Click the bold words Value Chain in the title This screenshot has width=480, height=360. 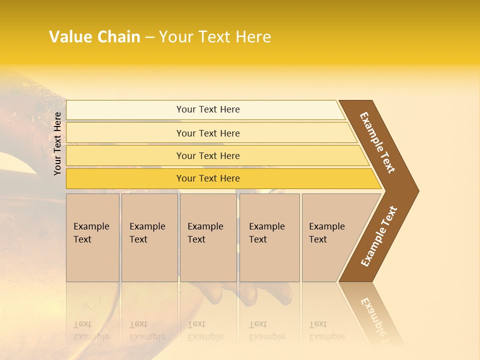pos(94,37)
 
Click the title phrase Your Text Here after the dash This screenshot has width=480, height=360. pos(215,37)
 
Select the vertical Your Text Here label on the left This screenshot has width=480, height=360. pos(57,143)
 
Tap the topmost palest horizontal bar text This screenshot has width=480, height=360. pos(208,109)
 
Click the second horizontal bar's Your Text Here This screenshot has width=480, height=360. pos(208,133)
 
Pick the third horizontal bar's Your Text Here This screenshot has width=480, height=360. pos(208,156)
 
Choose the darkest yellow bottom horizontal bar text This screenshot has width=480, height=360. pos(208,178)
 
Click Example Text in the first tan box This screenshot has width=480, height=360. pos(91,233)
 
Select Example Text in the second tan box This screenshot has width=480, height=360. pos(147,233)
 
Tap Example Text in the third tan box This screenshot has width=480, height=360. pos(205,233)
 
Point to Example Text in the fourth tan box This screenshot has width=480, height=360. pos(266,233)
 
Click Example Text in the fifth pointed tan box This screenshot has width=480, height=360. pos(326,233)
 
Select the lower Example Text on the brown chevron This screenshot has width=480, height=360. pos(379,236)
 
